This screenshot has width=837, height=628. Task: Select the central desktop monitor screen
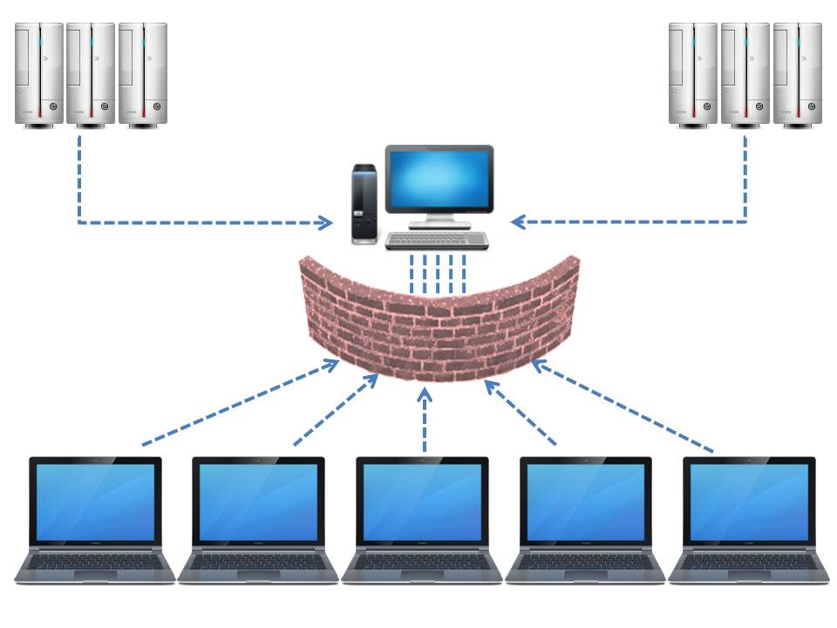click(439, 179)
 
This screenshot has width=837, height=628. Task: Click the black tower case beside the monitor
click(364, 203)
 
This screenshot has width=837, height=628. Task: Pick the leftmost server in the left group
click(39, 75)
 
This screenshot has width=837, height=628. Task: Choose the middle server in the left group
click(91, 75)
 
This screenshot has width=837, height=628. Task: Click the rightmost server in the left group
click(142, 75)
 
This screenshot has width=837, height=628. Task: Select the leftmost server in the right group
click(693, 75)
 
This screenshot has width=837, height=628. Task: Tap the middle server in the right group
click(745, 75)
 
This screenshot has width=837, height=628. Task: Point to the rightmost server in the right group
click(797, 75)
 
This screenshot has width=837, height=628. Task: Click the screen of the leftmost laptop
click(95, 502)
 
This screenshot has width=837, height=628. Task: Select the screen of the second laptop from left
click(258, 502)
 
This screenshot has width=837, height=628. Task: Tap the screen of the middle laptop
click(422, 502)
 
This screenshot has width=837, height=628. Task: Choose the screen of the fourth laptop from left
click(586, 502)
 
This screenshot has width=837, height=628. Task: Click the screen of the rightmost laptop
click(749, 502)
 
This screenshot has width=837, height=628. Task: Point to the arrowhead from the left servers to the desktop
click(325, 222)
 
